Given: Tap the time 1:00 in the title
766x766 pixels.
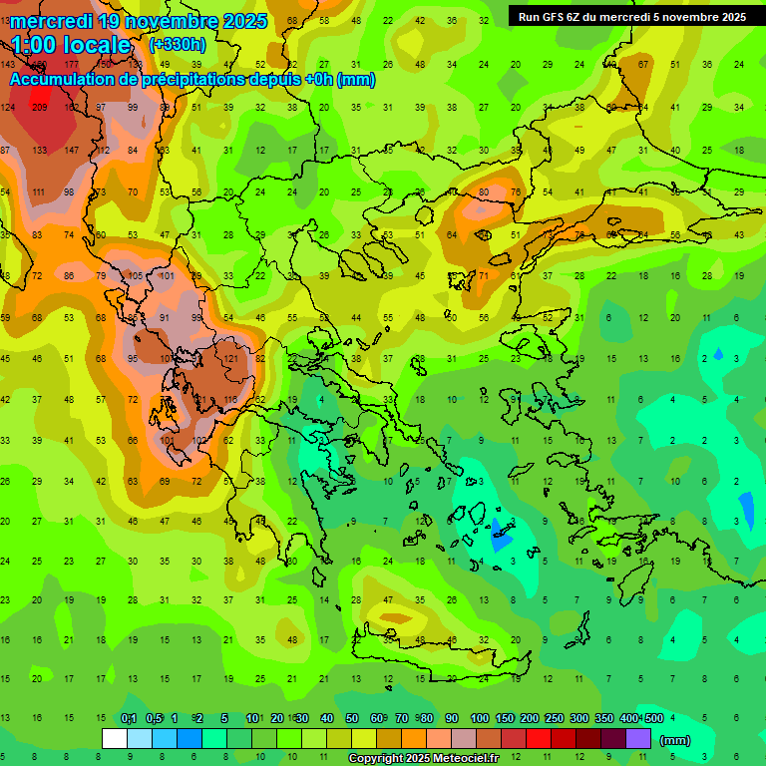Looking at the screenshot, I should tap(34, 45).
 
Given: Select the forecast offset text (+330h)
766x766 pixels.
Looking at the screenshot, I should tap(179, 45).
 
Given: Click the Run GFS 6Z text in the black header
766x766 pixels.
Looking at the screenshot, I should tap(551, 17).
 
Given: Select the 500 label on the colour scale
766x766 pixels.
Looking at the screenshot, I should tap(653, 718).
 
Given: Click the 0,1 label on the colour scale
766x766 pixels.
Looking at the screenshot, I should tap(129, 718).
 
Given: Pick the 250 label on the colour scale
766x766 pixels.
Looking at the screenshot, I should tap(554, 718).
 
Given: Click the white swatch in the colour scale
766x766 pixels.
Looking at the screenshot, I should tap(115, 738).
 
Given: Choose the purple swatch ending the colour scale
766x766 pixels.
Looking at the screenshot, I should tap(638, 738).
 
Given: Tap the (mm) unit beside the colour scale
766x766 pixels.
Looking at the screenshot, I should tap(676, 740).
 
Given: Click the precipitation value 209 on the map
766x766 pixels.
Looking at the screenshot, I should tap(40, 108).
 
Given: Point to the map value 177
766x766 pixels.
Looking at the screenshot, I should tap(72, 65).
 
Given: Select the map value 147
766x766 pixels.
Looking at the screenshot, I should tap(72, 150).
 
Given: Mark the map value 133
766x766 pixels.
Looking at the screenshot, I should tap(40, 150).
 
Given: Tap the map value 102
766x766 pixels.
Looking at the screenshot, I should tap(199, 440).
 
